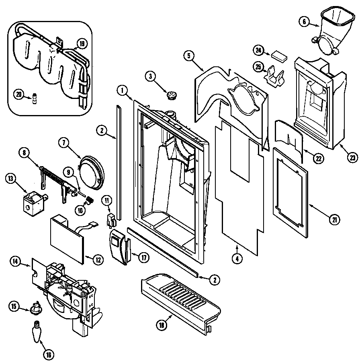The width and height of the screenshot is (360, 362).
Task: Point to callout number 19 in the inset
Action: coord(82,43)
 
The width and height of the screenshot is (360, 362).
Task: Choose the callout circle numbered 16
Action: coord(48,354)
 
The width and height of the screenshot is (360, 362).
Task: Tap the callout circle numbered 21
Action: coord(334,219)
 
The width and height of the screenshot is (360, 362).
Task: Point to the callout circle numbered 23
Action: coord(352,158)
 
